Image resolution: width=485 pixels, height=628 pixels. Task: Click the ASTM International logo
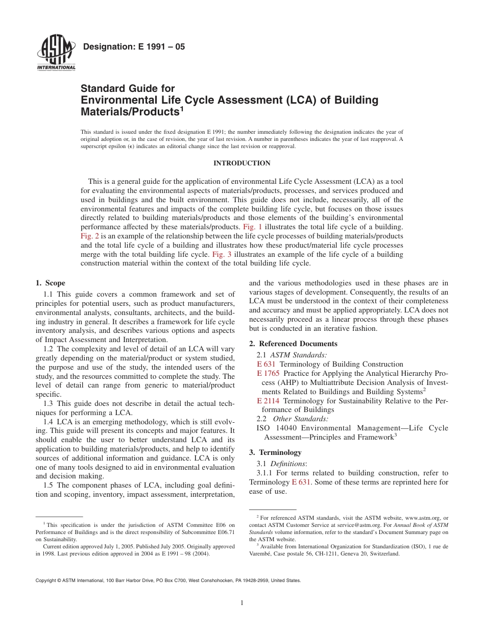coord(56,54)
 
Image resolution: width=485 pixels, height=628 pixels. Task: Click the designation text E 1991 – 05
coord(133,47)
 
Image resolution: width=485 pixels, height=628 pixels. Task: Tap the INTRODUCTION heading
coord(242,163)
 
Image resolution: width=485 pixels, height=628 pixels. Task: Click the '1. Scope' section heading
coord(51,283)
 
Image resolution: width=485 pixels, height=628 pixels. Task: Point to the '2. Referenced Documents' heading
coord(293,344)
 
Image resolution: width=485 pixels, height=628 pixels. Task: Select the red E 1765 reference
coord(268,373)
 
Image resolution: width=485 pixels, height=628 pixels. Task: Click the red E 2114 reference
coord(268,401)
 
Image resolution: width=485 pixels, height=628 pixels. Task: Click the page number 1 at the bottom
coord(242,603)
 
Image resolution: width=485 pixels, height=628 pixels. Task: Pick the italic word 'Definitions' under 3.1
coord(287,464)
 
